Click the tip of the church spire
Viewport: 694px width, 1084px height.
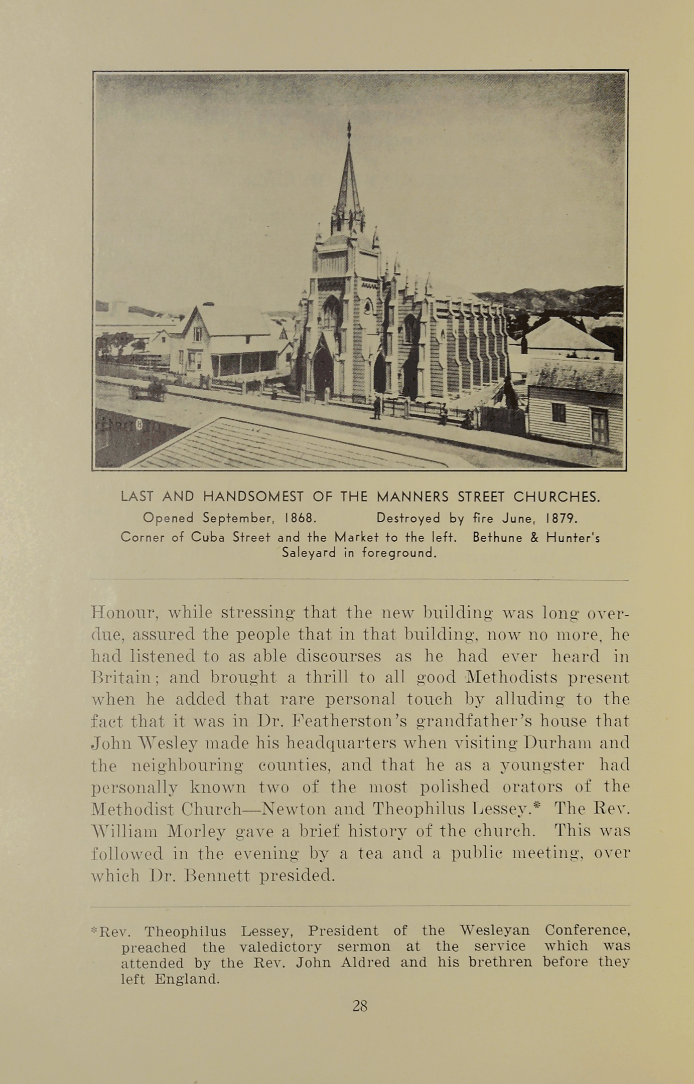pyautogui.click(x=349, y=123)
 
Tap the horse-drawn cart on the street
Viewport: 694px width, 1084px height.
pyautogui.click(x=148, y=390)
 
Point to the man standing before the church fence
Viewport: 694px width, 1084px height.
pyautogui.click(x=377, y=408)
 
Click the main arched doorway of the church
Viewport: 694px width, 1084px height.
pyautogui.click(x=323, y=371)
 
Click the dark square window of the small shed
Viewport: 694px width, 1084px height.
pyautogui.click(x=559, y=413)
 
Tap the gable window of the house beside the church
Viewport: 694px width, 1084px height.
pyautogui.click(x=198, y=334)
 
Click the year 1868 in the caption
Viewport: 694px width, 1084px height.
pyautogui.click(x=300, y=518)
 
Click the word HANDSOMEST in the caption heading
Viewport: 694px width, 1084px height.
pyautogui.click(x=253, y=497)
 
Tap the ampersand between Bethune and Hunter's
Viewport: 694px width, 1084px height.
pyautogui.click(x=534, y=538)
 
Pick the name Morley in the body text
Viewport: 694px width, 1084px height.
pyautogui.click(x=196, y=832)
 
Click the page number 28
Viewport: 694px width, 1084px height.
pyautogui.click(x=360, y=1006)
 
